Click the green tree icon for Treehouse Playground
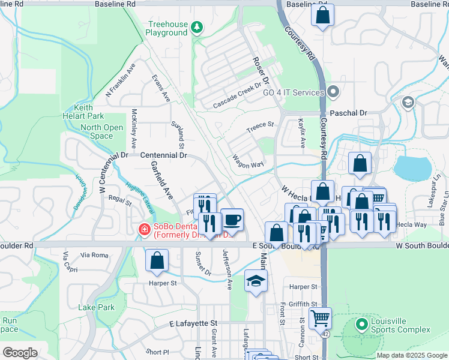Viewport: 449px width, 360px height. click(196, 28)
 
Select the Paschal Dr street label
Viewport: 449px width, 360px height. click(348, 113)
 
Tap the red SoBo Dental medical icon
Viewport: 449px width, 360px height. click(143, 229)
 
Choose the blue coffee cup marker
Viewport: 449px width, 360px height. click(232, 220)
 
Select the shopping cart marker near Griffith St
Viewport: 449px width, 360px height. click(321, 317)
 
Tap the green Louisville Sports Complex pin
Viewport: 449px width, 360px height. click(361, 325)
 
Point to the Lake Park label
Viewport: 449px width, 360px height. click(96, 307)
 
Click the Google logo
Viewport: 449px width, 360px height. click(20, 353)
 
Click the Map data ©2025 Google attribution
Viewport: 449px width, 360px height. click(411, 355)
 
